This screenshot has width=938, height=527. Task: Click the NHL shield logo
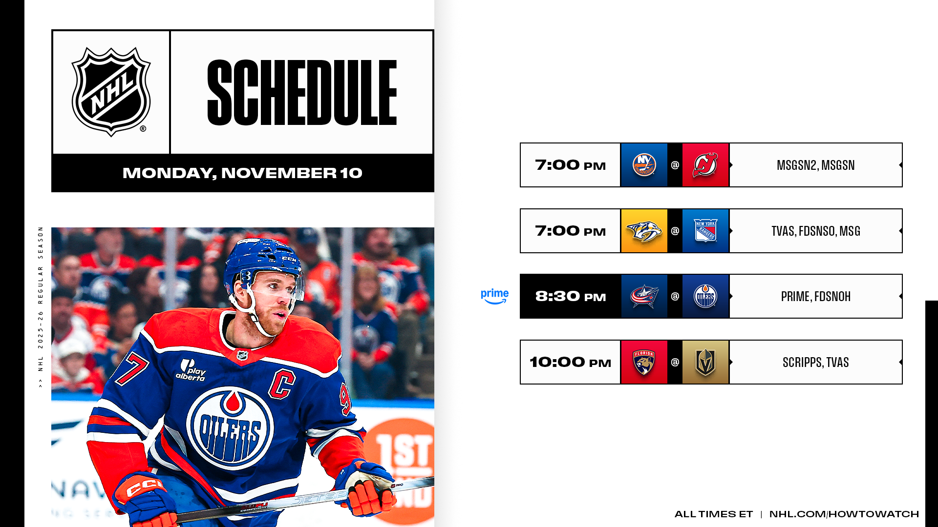(x=111, y=92)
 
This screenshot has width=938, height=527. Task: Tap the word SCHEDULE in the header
(x=302, y=92)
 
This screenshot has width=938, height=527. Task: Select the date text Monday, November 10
(x=242, y=173)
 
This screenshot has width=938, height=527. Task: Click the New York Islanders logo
(x=644, y=165)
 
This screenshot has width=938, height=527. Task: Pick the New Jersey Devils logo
(x=705, y=165)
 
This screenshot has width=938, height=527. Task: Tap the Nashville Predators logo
(x=644, y=231)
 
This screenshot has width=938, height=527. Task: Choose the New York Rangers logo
(x=705, y=231)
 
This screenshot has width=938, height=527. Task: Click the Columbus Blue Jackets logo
(x=644, y=296)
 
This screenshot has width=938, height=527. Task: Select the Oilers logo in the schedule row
(x=705, y=296)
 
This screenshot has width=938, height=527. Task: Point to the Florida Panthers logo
(x=644, y=362)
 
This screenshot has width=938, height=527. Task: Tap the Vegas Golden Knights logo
(x=705, y=362)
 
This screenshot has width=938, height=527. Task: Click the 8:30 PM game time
(x=571, y=296)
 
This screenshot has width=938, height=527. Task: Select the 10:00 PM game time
(x=571, y=362)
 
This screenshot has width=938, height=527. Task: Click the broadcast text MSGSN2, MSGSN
(x=816, y=165)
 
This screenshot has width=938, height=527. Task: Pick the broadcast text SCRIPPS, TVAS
(x=816, y=362)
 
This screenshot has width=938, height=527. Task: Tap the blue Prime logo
(x=494, y=296)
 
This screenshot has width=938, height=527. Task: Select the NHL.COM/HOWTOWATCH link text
(x=844, y=514)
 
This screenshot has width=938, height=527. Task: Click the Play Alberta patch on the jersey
(x=191, y=370)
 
